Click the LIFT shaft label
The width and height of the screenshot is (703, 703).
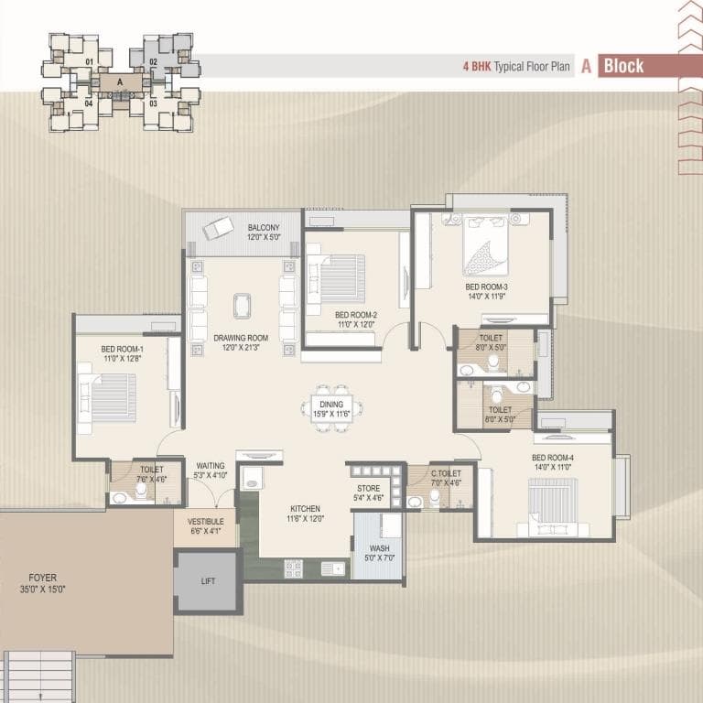coord(208,581)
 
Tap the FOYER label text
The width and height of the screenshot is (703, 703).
coord(43,578)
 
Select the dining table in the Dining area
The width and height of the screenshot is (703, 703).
coord(331,409)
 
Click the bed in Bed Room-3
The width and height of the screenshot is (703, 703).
coord(485,245)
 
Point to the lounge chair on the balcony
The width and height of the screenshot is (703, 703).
coord(219,228)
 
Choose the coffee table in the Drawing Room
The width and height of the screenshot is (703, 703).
coord(242,307)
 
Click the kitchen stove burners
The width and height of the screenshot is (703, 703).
coord(293,568)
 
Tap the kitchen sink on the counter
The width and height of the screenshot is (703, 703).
coord(332,569)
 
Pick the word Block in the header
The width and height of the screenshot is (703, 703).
coord(623,66)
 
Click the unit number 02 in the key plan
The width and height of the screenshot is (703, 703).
coord(154,62)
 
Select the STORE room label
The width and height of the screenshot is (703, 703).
coord(369,488)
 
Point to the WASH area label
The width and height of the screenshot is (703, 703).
coord(379,548)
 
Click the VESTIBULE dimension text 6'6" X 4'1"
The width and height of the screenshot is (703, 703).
coord(206,531)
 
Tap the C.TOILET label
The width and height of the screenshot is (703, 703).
coord(446,473)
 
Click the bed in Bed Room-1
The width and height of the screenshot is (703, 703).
coord(107,398)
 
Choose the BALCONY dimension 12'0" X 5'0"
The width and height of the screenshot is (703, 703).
coord(264,237)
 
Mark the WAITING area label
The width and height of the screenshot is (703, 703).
coord(211,466)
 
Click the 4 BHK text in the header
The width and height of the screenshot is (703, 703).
coord(477,67)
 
